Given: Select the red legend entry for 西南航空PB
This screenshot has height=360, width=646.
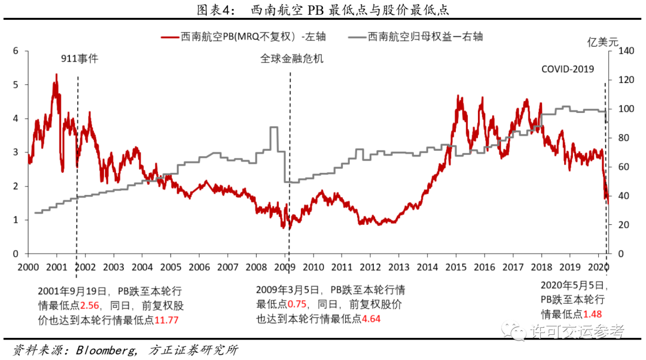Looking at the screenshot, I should click(245, 36).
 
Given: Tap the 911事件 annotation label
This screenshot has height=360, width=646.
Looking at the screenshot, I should click(80, 59).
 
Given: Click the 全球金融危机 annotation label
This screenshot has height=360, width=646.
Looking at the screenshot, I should click(291, 59).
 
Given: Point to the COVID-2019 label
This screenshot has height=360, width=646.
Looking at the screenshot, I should click(567, 69).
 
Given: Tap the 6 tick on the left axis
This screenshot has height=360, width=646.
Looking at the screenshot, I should click(16, 51).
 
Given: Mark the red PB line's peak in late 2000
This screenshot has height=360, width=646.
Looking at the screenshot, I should click(56, 75).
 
